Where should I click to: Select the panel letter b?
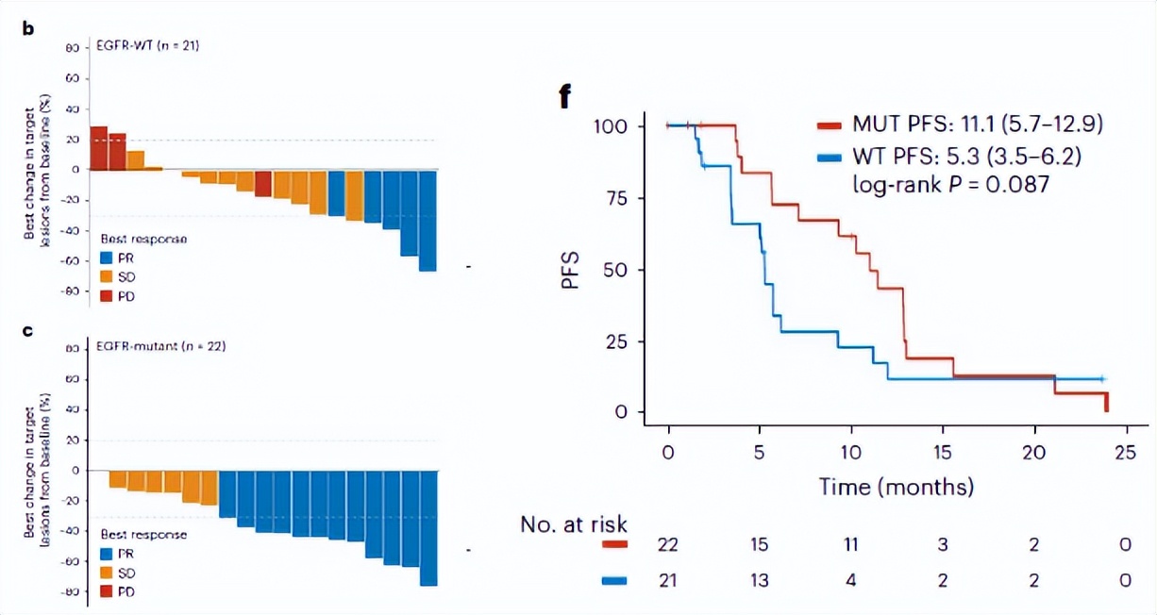point(28,28)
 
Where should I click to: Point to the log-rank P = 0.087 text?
point(945,185)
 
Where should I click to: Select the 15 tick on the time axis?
point(943,452)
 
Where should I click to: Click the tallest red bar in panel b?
point(98,148)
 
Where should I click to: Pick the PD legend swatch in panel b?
point(107,295)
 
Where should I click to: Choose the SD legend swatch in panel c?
point(107,573)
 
